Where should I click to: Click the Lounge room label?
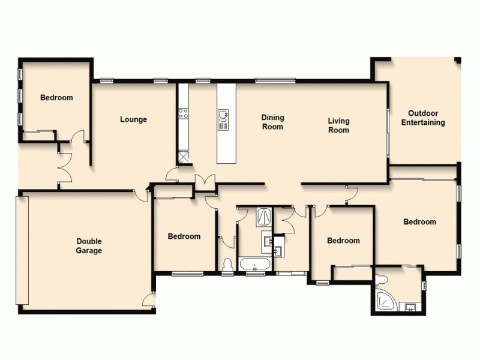pyautogui.click(x=133, y=119)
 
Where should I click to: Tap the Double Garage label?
pyautogui.click(x=89, y=246)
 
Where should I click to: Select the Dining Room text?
pyautogui.click(x=272, y=122)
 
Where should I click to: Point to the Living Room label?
pyautogui.click(x=338, y=125)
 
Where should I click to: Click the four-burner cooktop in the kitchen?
pyautogui.click(x=183, y=112)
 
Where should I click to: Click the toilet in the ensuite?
pyautogui.click(x=382, y=279)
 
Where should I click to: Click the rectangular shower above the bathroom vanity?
pyautogui.click(x=263, y=216)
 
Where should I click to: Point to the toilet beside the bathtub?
pyautogui.click(x=227, y=266)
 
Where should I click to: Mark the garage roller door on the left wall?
pyautogui.click(x=22, y=250)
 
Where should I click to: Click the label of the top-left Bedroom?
pyautogui.click(x=56, y=98)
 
